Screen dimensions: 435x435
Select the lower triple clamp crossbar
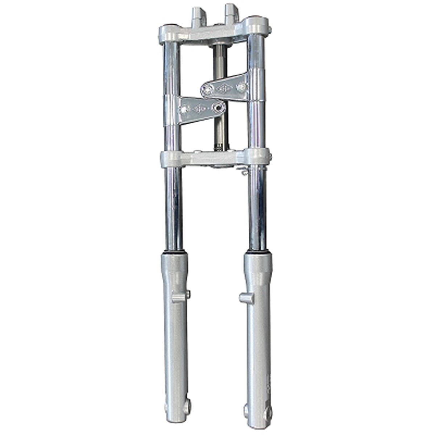pos(214,159)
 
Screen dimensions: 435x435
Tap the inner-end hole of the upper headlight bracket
pos(208,89)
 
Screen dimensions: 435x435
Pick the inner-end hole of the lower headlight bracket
pos(218,107)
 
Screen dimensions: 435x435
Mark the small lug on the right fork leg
pos(246,298)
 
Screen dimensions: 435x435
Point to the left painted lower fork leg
pos(175,344)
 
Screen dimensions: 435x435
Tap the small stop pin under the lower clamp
pos(244,171)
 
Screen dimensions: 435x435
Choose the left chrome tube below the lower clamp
pos(174,210)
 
